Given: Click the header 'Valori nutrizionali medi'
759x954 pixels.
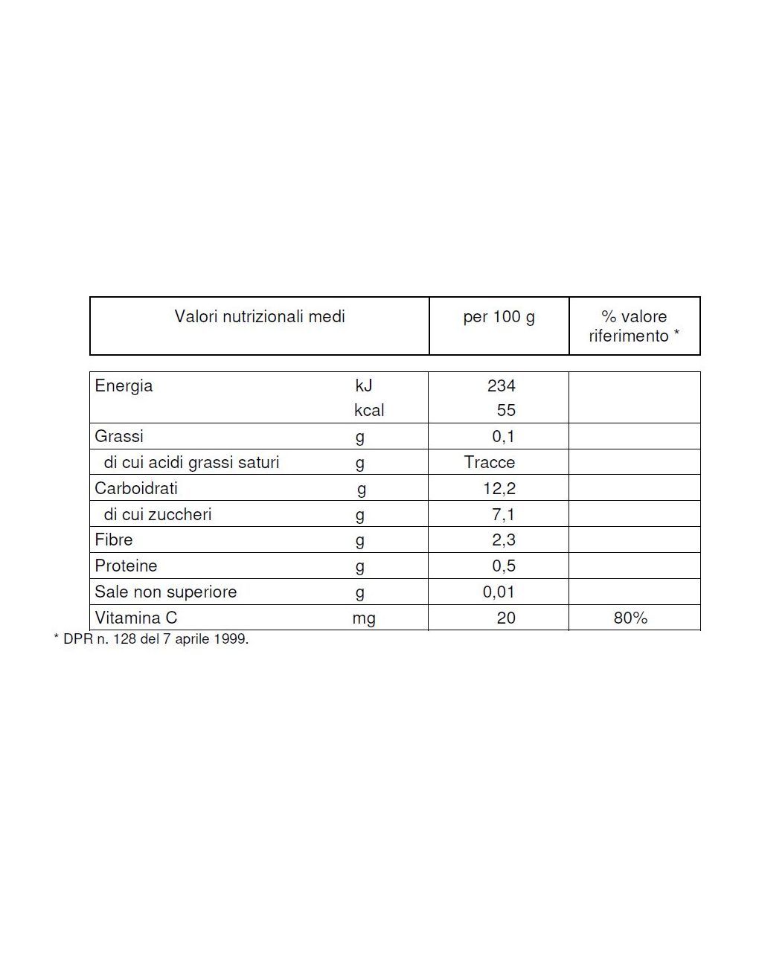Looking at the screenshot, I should tap(260, 317).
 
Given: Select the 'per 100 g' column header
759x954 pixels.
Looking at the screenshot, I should tap(499, 317).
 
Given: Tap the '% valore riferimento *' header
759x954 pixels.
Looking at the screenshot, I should tap(634, 327).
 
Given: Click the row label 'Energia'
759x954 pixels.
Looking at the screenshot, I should tap(124, 386).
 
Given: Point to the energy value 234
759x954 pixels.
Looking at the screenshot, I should tap(501, 386).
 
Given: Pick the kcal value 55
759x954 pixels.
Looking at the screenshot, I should tap(506, 411).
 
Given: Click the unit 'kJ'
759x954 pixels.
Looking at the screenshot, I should tap(363, 386).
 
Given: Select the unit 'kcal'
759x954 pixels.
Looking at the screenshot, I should tap(369, 411).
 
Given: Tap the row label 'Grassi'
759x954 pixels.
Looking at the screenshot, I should tap(119, 437).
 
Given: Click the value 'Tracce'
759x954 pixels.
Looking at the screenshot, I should tap(490, 463).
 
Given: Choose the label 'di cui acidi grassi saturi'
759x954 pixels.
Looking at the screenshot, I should tap(191, 463).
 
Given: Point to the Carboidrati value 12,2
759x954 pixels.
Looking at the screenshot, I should tap(499, 489).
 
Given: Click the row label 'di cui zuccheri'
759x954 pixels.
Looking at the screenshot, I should tap(158, 515).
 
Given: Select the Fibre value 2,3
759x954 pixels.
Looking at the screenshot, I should tap(504, 540).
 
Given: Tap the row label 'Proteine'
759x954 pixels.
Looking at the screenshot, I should tap(126, 566).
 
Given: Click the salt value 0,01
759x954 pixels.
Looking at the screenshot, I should tap(499, 592).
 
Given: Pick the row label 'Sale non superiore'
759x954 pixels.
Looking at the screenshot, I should tap(165, 592).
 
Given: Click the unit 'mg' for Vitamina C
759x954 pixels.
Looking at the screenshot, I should tap(364, 618).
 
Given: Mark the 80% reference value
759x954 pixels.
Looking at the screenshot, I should tap(630, 618).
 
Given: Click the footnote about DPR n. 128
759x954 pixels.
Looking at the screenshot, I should tap(151, 639).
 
